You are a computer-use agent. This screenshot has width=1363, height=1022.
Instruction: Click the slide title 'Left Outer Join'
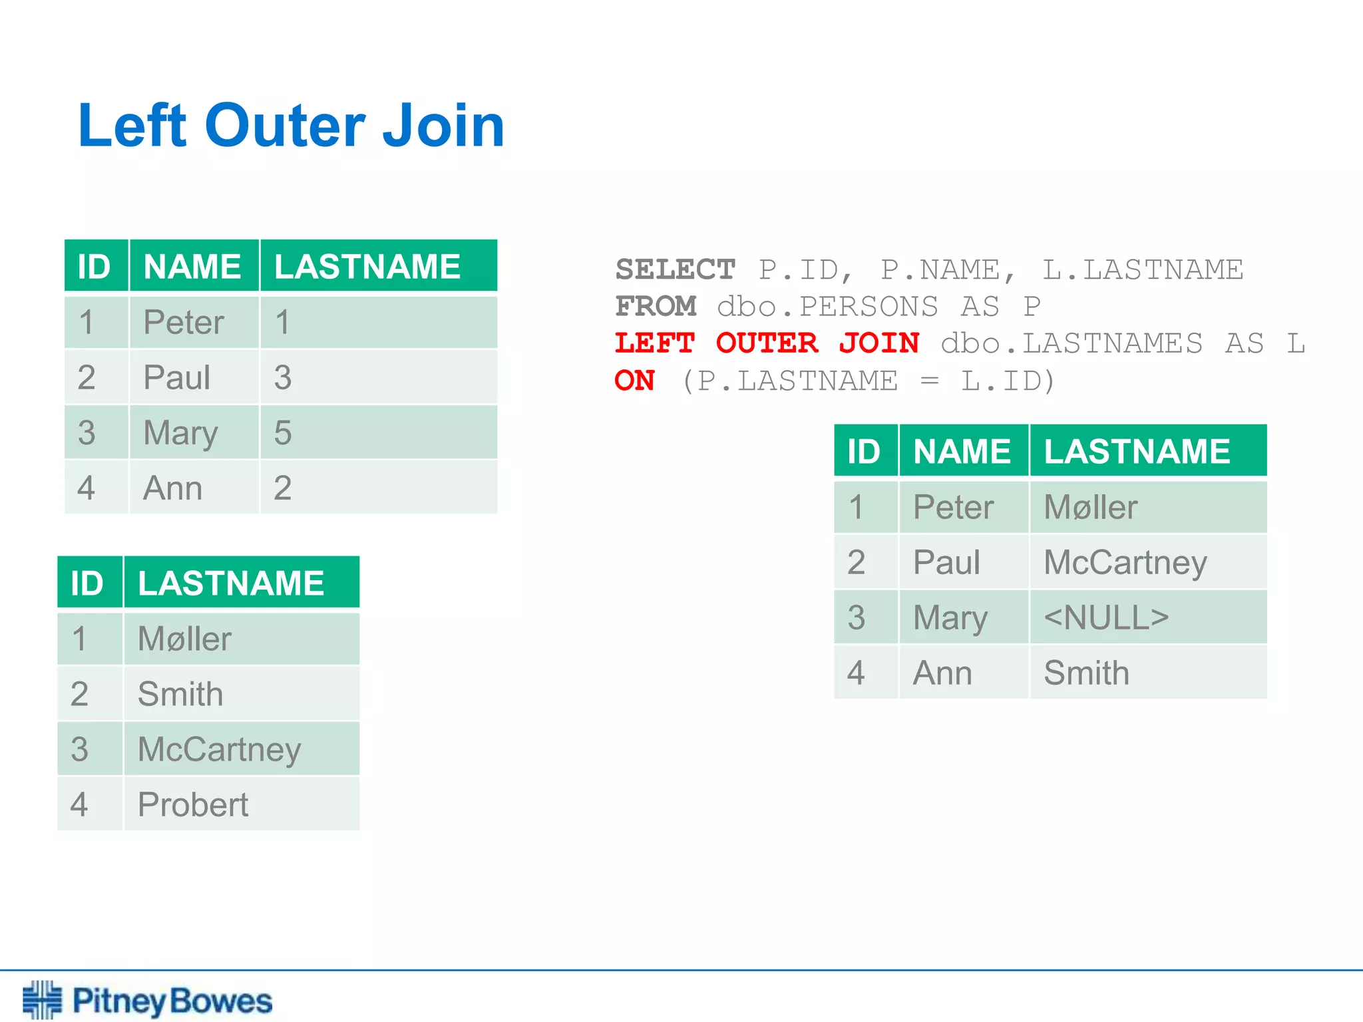[x=291, y=126]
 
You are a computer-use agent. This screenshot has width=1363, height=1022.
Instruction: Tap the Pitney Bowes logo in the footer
[x=148, y=1000]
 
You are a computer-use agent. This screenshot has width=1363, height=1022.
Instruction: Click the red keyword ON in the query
[x=635, y=381]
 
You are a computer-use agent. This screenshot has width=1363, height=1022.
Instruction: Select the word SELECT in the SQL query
[x=675, y=270]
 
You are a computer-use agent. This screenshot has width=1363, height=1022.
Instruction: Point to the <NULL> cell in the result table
[x=1105, y=617]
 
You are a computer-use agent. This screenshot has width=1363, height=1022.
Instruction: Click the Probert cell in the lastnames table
[x=193, y=804]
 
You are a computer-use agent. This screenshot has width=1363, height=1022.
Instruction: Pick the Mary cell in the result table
[x=950, y=617]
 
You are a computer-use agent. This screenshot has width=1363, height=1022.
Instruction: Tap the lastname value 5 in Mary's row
[x=283, y=433]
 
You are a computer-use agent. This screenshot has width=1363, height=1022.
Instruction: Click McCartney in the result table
[x=1125, y=563]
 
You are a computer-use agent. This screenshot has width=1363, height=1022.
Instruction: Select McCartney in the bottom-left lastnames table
[x=219, y=750]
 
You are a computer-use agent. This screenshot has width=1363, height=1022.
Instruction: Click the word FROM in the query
[x=656, y=307]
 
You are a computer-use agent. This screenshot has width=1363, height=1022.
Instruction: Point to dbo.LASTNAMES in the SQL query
[x=1071, y=344]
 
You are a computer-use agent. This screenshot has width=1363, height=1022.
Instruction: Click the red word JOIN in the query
[x=878, y=344]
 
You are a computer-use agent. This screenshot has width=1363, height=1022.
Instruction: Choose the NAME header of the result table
[x=962, y=452]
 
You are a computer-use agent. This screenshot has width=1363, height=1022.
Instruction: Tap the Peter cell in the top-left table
[x=184, y=323]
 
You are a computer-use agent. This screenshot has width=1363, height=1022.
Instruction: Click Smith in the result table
[x=1086, y=673]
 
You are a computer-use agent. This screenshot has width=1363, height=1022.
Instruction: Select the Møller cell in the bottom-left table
[x=184, y=639]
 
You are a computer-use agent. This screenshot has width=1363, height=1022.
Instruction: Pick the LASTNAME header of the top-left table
[x=367, y=267]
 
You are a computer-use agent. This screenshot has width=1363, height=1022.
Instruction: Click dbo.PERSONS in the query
[x=827, y=307]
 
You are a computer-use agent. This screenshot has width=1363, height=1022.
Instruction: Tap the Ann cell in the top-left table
[x=172, y=488]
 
